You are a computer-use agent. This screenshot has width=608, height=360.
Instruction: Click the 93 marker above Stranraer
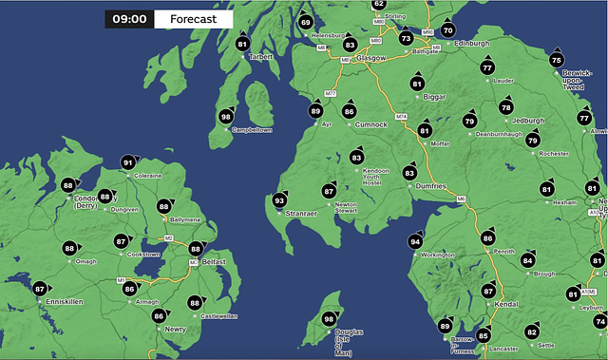(279, 200)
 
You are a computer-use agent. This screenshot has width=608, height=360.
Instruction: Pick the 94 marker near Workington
(415, 242)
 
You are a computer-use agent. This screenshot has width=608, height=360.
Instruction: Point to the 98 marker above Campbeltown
(226, 116)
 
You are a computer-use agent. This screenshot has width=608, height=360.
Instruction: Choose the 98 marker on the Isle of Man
(329, 319)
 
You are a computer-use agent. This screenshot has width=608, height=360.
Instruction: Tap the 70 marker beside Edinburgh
(448, 30)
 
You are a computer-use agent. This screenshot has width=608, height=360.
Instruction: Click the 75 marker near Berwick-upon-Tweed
(557, 60)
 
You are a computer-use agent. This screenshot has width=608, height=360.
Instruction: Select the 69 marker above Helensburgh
(305, 22)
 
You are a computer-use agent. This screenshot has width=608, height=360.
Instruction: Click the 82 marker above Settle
(532, 332)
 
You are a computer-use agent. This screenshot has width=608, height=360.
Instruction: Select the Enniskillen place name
(66, 301)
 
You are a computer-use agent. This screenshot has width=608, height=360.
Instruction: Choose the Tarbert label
(261, 56)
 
